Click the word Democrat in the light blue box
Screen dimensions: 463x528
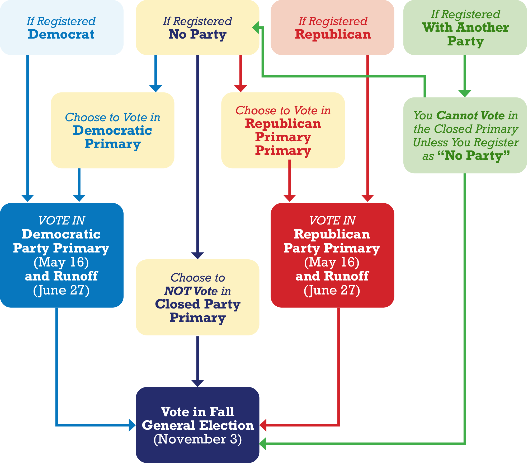[61, 34]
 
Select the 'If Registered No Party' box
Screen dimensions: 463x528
[197, 27]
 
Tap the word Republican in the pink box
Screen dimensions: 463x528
[333, 34]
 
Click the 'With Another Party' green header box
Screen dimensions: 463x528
[465, 27]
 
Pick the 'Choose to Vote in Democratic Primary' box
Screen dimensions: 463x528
[112, 130]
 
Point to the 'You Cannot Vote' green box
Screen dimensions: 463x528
[465, 135]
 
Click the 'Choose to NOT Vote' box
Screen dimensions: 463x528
[197, 297]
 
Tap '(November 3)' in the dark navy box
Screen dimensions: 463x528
[197, 439]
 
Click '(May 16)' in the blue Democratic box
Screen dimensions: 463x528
[61, 262]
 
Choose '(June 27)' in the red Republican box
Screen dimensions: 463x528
[332, 290]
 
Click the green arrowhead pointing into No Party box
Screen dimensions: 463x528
[256, 27]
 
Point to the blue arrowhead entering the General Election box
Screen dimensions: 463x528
[132, 425]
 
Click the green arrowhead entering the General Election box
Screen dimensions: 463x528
[263, 444]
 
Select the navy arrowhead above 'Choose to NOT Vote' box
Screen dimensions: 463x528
[197, 256]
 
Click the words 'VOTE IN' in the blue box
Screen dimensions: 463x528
[62, 221]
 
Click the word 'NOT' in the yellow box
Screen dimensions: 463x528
[177, 291]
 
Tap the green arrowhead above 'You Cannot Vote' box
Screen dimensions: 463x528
[465, 93]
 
